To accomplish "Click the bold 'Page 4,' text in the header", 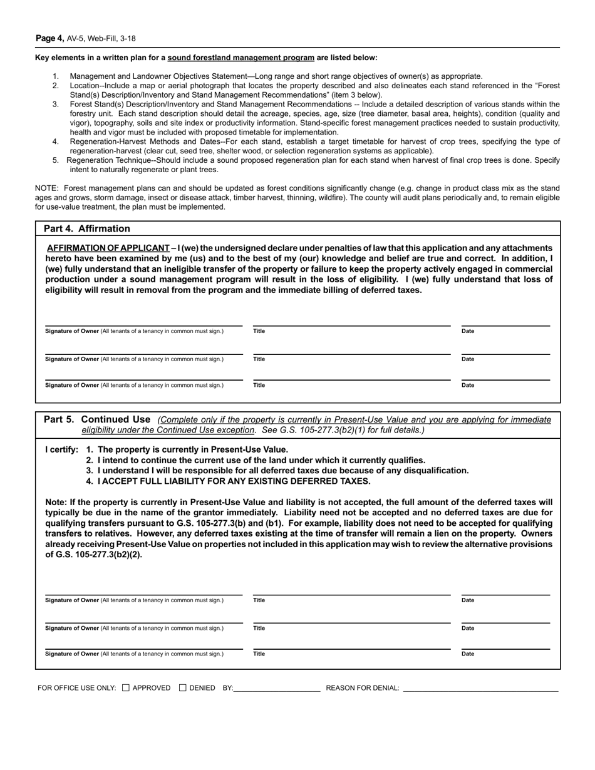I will click(49, 38).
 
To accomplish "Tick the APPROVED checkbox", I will click(126, 688).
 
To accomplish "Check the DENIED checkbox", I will click(183, 688).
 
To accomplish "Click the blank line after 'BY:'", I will click(277, 688).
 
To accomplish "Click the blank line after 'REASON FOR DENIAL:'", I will click(480, 688).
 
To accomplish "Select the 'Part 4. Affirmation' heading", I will click(87, 228).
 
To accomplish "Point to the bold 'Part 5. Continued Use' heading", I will click(97, 419).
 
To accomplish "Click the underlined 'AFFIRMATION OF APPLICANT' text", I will click(108, 248).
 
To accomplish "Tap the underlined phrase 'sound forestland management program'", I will click(241, 58).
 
